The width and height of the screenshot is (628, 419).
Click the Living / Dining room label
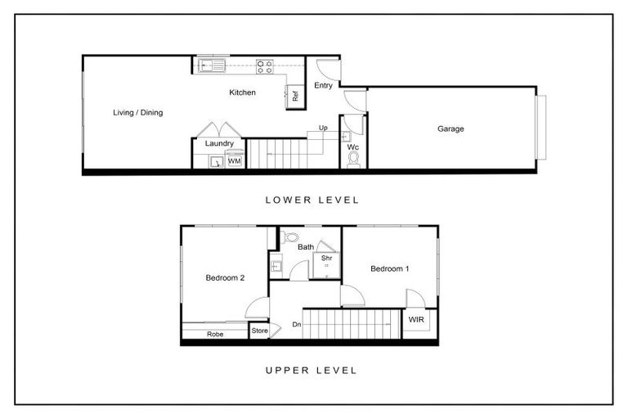click(x=137, y=112)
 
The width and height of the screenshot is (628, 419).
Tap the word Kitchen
click(x=242, y=92)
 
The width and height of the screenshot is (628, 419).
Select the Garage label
click(x=451, y=128)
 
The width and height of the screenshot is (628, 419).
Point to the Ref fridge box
click(x=294, y=96)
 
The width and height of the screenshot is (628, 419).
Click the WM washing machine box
click(x=235, y=161)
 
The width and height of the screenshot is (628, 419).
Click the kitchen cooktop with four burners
click(x=264, y=65)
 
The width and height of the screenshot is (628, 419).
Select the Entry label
click(x=324, y=85)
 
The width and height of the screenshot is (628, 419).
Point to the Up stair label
click(x=323, y=128)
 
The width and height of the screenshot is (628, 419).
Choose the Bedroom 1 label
click(x=389, y=268)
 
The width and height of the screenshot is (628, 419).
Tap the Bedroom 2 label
click(x=225, y=277)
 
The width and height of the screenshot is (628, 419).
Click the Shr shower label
click(x=326, y=259)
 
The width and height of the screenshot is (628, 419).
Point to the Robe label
click(x=215, y=334)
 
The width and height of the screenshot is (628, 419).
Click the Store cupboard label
click(x=259, y=331)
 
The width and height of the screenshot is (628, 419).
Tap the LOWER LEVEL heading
click(x=312, y=200)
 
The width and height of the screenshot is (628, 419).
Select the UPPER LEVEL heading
click(x=312, y=370)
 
